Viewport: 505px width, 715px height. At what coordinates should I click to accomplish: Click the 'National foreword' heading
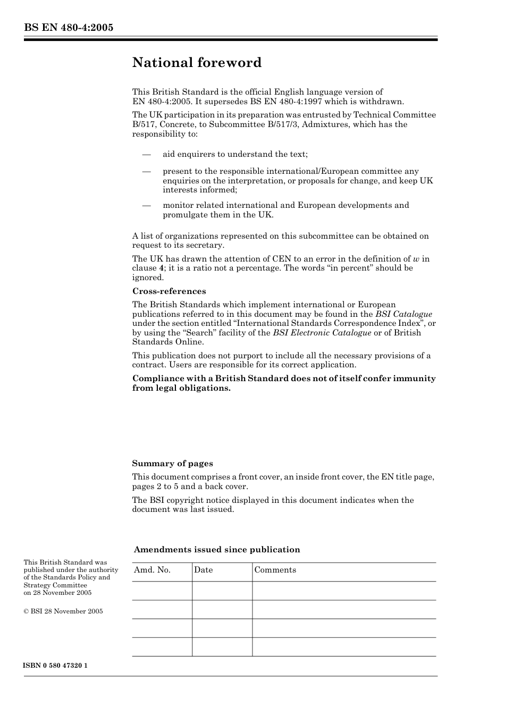coord(197,63)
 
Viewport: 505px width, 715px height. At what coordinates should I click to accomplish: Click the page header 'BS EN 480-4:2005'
coord(68,28)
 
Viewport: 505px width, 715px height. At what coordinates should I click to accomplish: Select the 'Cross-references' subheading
coord(169,291)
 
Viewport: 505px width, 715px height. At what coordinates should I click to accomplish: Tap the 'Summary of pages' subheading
coord(172,464)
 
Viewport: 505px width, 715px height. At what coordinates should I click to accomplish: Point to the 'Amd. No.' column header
coord(152,570)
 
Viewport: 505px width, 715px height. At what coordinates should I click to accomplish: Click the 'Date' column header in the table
coord(203,570)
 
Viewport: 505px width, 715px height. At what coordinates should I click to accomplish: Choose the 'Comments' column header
coord(275,570)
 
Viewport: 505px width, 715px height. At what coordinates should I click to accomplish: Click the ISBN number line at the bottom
coord(55,666)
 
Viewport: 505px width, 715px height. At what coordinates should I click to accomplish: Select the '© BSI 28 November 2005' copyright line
coord(63,611)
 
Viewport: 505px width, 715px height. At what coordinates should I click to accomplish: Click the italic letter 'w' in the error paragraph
coord(416,259)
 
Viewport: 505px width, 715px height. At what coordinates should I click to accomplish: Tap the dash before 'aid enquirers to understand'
coord(146,154)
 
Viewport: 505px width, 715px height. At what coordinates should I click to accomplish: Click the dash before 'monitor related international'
coord(146,205)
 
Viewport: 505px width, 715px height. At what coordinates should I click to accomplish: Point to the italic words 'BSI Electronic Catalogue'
coord(322,333)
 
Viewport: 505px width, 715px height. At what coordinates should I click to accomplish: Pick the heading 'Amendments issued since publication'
coord(217,550)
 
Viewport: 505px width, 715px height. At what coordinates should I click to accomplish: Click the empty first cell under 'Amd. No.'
coord(162,591)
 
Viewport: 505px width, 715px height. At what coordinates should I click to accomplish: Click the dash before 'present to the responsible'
coord(146,171)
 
